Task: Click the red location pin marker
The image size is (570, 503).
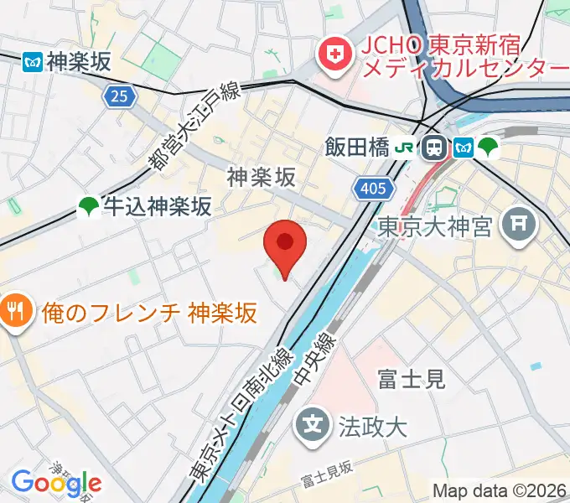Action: [x=285, y=244]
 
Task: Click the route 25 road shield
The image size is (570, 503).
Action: [x=121, y=97]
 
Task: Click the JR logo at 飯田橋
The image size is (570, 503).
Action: [x=405, y=148]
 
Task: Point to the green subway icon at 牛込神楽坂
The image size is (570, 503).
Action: [x=88, y=206]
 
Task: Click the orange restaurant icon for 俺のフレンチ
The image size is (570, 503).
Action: [x=14, y=313]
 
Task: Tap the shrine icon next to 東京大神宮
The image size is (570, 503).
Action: [x=517, y=223]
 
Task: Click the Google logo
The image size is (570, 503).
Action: [x=56, y=483]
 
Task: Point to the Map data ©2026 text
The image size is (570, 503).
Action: [x=500, y=490]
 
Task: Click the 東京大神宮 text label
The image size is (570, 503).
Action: [x=434, y=226]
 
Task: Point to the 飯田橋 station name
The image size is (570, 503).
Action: [x=357, y=148]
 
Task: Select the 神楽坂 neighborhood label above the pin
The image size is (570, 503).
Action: [x=262, y=177]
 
